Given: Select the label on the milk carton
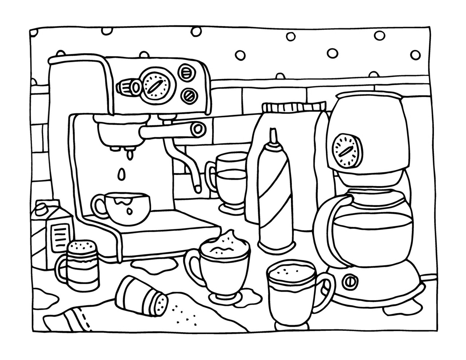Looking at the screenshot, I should pos(60,235).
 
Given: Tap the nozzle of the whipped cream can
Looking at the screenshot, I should pos(273,136).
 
